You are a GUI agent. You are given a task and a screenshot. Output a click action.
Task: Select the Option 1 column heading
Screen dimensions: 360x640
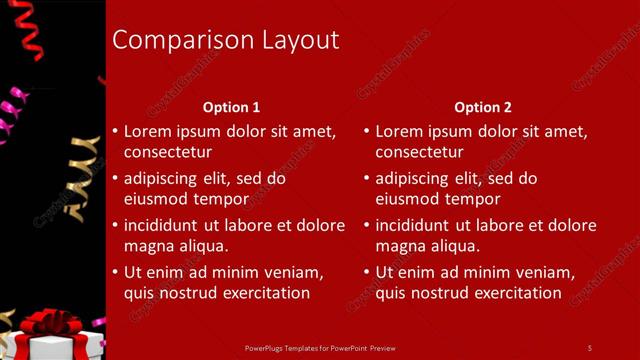click(231, 107)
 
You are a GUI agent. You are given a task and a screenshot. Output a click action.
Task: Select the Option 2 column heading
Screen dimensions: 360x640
click(482, 107)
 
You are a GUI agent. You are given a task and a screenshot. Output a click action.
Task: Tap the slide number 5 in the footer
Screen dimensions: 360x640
click(589, 347)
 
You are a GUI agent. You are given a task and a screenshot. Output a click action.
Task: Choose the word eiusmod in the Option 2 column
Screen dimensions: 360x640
click(408, 199)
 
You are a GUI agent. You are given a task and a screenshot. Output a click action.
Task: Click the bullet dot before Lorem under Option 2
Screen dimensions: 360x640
click(366, 132)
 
